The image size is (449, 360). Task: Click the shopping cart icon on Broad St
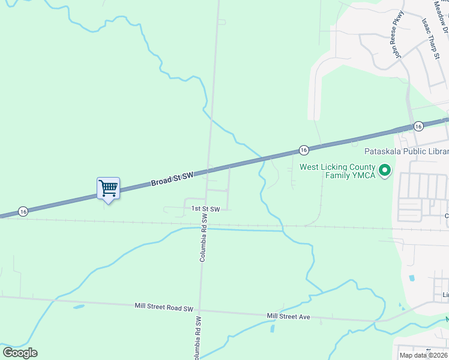[x=108, y=188]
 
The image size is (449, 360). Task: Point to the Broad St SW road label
[x=172, y=178]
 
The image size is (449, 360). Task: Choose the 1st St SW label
[x=206, y=209]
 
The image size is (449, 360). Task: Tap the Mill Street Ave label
[x=288, y=316]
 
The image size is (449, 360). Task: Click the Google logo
[x=20, y=353]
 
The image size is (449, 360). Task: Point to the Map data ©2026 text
[x=424, y=355]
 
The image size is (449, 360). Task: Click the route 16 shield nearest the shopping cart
[x=23, y=211]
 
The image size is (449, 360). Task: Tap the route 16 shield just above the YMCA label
[x=304, y=149]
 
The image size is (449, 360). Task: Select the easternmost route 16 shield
[x=418, y=125]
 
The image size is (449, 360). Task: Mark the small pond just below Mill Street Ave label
[x=273, y=328]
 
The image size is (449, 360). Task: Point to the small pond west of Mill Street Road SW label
[x=79, y=307]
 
